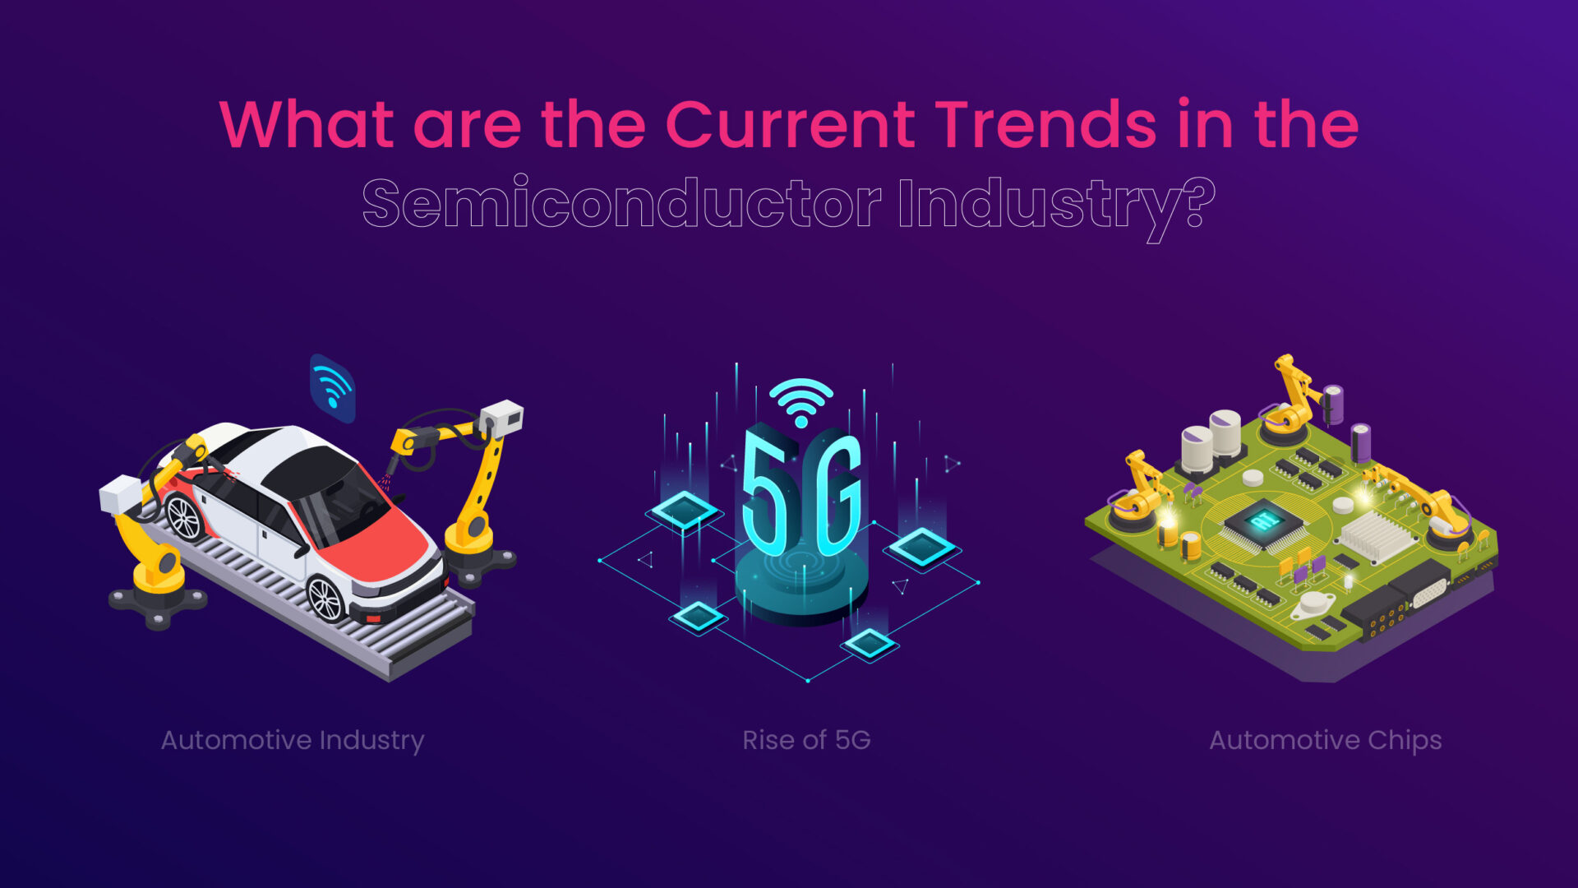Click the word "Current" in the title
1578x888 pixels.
[x=789, y=125]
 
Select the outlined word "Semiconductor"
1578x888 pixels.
[x=621, y=203]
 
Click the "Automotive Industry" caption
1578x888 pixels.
[x=293, y=740]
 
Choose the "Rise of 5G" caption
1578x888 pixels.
[x=806, y=740]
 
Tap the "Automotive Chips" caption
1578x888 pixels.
[x=1325, y=740]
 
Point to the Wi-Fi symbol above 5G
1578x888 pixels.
[x=801, y=401]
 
